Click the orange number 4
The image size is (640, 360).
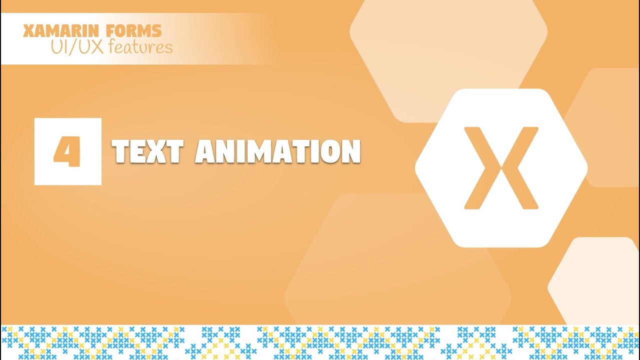tap(67, 152)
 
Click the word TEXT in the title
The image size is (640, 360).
tap(148, 151)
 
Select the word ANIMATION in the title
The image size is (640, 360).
tap(277, 151)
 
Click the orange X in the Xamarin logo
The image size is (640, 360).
tap(501, 168)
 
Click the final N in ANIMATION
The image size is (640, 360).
tap(351, 151)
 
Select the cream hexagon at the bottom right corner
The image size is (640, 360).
tap(600, 285)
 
